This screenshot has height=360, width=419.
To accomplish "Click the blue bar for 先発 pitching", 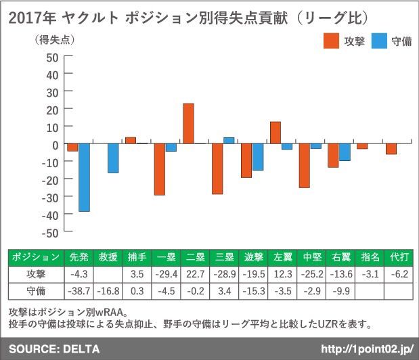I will tap(84, 177).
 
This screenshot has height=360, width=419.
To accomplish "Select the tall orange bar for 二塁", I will tap(188, 123).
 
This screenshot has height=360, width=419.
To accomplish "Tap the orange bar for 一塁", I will tap(159, 169).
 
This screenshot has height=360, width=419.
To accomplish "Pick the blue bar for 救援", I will tap(113, 158).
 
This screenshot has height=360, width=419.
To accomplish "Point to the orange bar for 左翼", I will tap(275, 133).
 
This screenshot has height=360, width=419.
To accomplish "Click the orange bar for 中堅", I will tap(305, 166).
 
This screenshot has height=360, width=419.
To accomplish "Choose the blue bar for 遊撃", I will tap(258, 157).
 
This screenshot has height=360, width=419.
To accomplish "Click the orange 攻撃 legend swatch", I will tap(332, 41).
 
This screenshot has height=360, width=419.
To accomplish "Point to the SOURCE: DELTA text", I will tap(54, 349).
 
